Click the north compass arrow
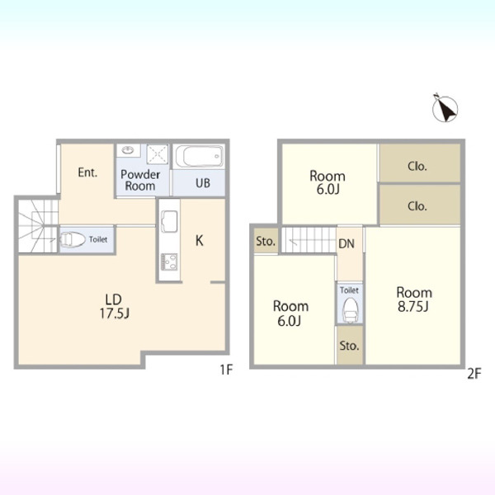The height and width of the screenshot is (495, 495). [x=445, y=109]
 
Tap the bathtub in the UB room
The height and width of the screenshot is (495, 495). [x=199, y=156]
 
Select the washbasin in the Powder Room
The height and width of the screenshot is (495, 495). [x=128, y=150]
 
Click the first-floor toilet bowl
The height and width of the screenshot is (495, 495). [x=73, y=240]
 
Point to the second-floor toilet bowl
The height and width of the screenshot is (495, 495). [x=350, y=311]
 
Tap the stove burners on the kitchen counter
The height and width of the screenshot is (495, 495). [x=169, y=262]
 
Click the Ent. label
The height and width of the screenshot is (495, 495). [x=87, y=172]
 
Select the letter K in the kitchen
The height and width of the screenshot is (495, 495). [x=199, y=241]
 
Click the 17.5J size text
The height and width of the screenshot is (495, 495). [x=115, y=313]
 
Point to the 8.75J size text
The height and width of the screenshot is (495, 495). [x=413, y=307]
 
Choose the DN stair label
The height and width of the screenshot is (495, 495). [x=346, y=243]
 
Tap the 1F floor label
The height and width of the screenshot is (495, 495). [x=226, y=370]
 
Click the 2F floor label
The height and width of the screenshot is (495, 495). [x=474, y=374]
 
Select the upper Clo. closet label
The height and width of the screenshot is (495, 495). [x=417, y=166]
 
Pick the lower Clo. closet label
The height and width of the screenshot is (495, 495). [x=417, y=206]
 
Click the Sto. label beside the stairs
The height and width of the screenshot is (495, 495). [x=266, y=241]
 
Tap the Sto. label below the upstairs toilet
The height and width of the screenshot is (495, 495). [x=350, y=346]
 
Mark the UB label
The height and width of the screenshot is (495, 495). [x=203, y=183]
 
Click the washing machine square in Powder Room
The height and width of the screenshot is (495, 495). [x=158, y=154]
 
